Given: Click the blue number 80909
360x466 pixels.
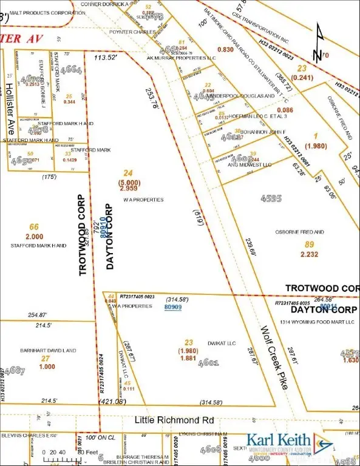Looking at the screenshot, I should pos(173,308).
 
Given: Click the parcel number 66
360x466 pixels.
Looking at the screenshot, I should pos(34,227).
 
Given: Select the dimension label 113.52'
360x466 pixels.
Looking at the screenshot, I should pos(104,58).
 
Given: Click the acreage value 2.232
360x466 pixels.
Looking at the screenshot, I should pos(309,254).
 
